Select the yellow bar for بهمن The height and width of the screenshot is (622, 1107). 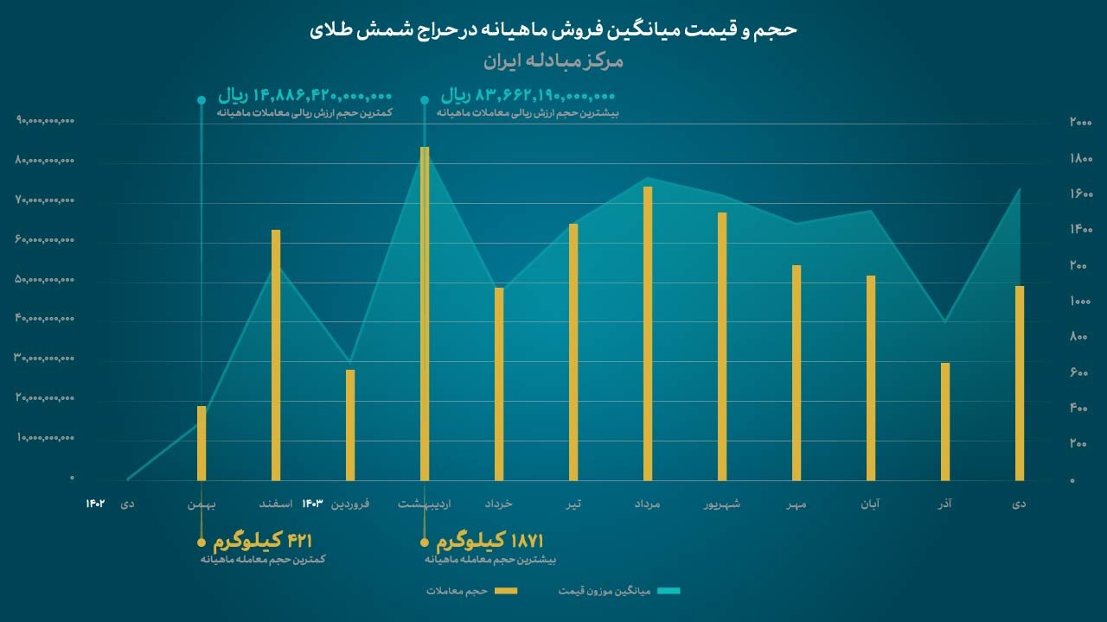[202, 442]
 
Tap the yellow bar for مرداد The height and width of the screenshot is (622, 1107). [648, 333]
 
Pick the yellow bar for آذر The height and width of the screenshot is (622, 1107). [945, 421]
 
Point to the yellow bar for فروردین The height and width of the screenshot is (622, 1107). [350, 424]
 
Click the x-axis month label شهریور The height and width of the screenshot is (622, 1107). [722, 504]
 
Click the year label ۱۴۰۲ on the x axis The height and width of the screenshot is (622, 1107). [95, 504]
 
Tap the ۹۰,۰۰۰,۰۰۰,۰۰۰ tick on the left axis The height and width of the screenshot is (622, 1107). [46, 121]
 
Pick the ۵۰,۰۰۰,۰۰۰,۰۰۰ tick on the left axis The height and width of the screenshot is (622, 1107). [46, 280]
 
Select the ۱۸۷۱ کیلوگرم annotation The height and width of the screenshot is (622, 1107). [490, 542]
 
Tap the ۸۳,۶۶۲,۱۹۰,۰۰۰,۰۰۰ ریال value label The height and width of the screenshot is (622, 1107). [528, 95]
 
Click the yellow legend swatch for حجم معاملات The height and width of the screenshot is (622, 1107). [506, 591]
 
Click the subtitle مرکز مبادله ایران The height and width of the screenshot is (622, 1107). [553, 62]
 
